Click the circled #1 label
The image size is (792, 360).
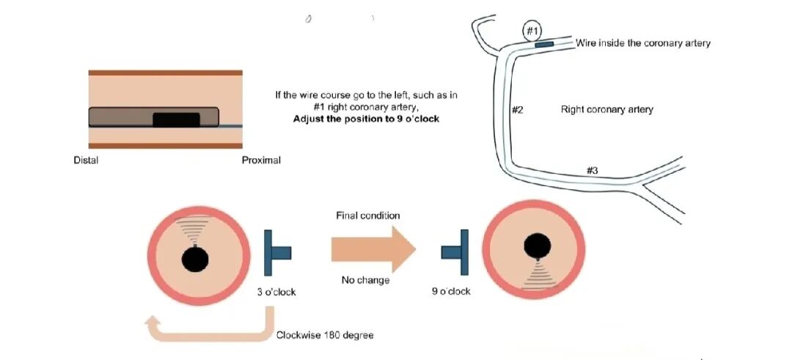[x=533, y=31]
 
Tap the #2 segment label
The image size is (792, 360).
[x=517, y=110]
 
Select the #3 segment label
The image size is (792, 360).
[x=593, y=170]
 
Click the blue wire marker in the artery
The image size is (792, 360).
[x=544, y=45]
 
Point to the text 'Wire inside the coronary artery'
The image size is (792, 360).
[x=643, y=43]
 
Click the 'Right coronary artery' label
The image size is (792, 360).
[x=606, y=109]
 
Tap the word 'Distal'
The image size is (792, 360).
[x=86, y=160]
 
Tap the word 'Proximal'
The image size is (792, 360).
[x=261, y=160]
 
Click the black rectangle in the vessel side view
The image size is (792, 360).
[x=176, y=120]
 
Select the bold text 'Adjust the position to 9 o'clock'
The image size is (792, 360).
[x=366, y=119]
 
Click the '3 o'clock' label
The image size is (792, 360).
[x=276, y=292]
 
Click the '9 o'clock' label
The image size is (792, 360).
[x=451, y=292]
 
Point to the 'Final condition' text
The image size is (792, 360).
[x=368, y=216]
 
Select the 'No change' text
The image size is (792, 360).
[x=366, y=281]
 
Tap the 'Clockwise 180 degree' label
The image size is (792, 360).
[x=325, y=335]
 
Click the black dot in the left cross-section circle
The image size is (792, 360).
[x=195, y=259]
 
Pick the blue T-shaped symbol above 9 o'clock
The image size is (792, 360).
[x=453, y=252]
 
